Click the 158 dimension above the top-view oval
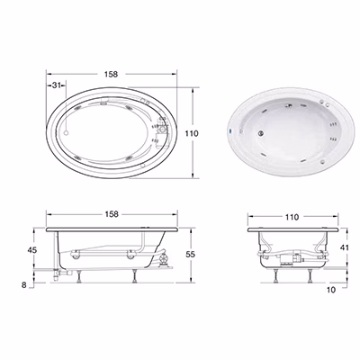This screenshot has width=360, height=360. [x=112, y=74]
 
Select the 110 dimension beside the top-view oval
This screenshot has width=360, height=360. [x=192, y=133]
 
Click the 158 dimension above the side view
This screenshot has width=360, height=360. [x=112, y=214]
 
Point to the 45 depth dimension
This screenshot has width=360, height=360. [x=32, y=249]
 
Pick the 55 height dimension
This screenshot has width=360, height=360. [x=190, y=254]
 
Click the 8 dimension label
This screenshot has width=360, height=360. [x=24, y=285]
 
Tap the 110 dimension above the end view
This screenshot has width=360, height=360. [x=292, y=217]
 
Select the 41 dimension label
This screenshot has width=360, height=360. [x=344, y=247]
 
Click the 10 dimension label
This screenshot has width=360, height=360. [x=331, y=290]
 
